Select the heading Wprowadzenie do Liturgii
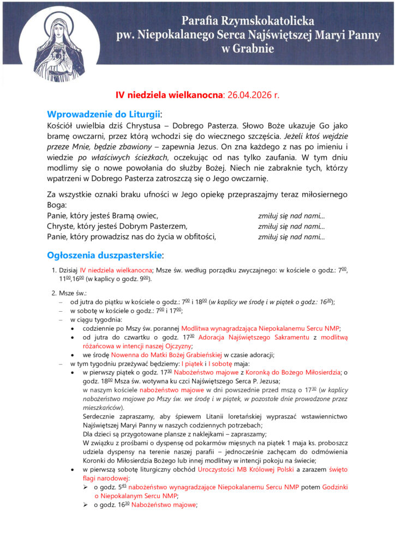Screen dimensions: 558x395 pos(104,114)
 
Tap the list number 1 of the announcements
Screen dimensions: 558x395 pos(53,270)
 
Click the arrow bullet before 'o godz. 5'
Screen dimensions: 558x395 pos(85,487)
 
